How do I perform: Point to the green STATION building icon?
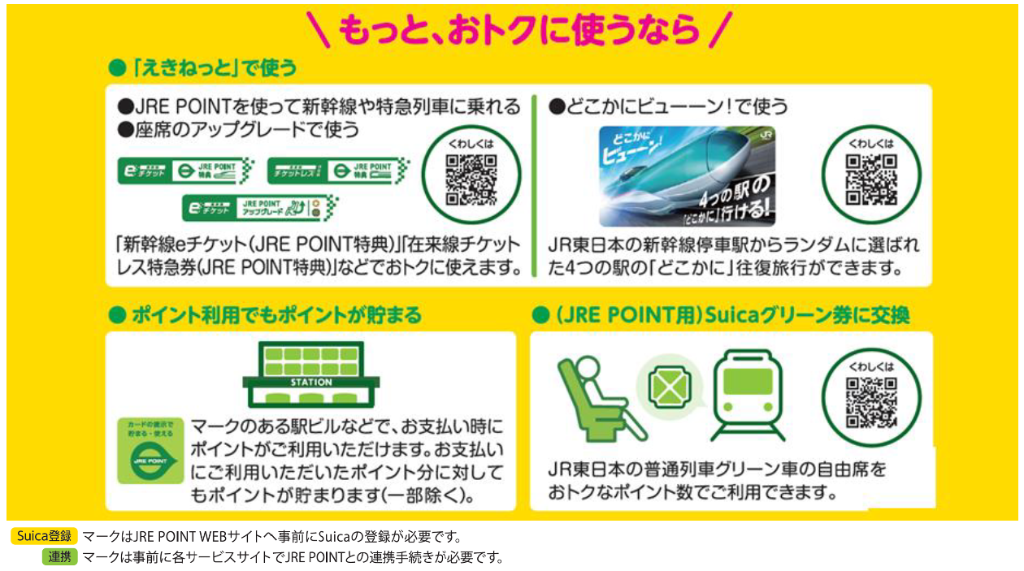[x=311, y=375]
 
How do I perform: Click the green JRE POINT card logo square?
[x=150, y=450]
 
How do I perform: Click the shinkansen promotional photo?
[x=687, y=175]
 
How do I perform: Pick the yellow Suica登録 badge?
[x=45, y=536]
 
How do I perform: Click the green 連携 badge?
[x=59, y=556]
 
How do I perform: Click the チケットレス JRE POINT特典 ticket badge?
[x=337, y=171]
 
